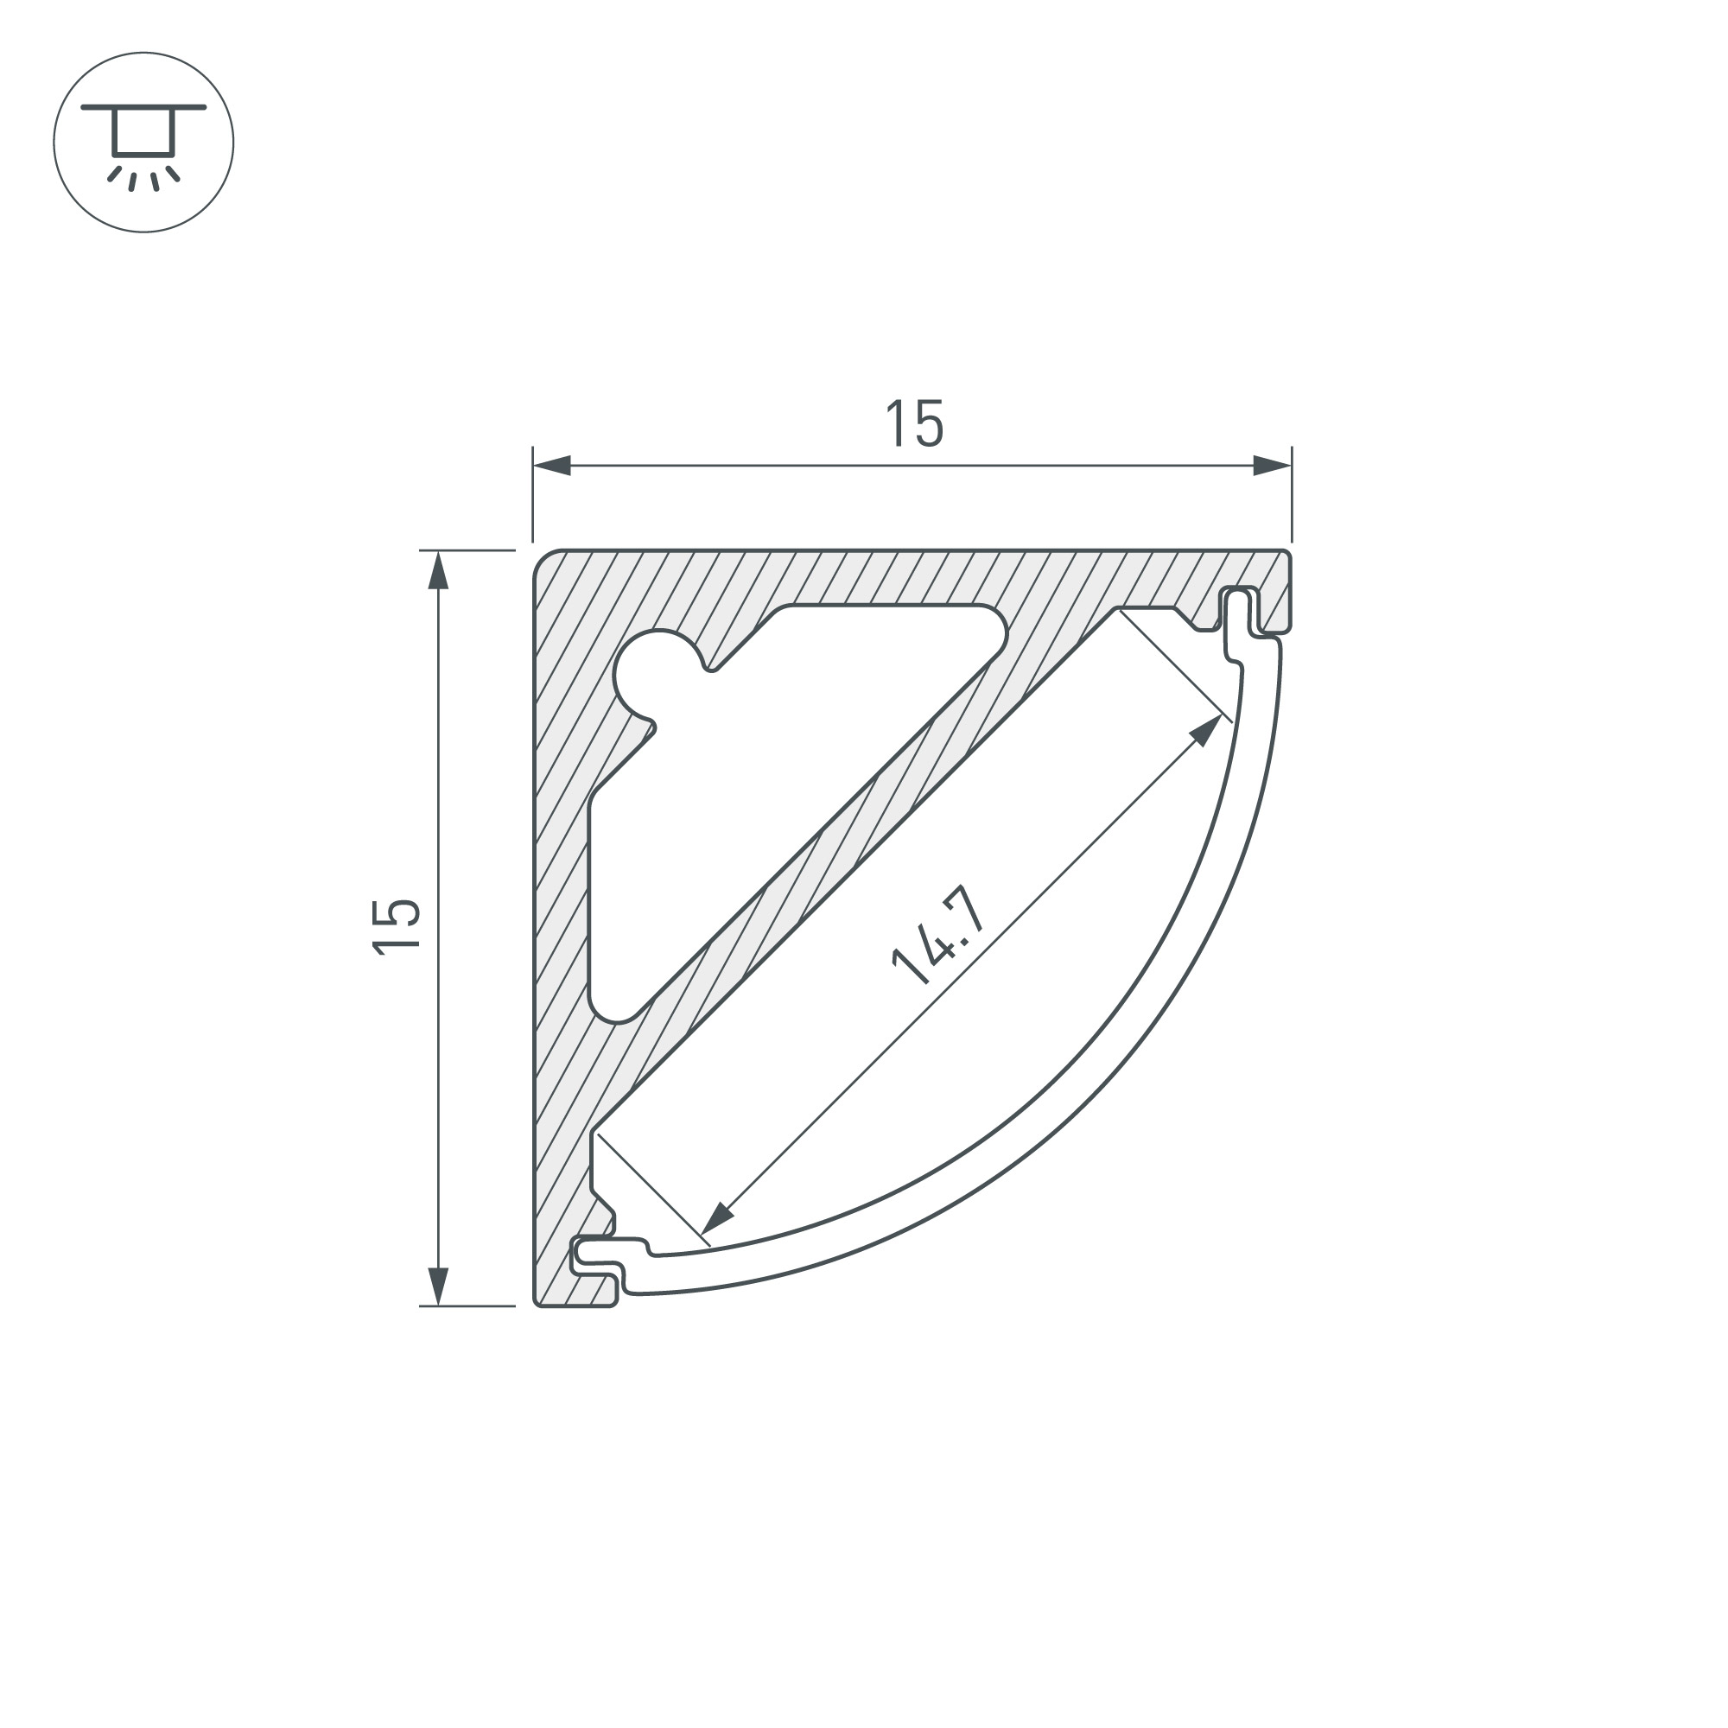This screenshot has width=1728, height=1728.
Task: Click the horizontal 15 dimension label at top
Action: coord(914,424)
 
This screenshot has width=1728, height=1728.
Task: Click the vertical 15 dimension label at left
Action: coord(397,927)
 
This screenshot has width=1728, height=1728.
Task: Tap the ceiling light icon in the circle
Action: coord(143,143)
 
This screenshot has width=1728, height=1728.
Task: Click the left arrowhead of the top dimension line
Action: coord(551,465)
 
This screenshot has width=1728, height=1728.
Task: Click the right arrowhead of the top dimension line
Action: coord(1273,465)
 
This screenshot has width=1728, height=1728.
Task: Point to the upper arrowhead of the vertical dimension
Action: coord(438,569)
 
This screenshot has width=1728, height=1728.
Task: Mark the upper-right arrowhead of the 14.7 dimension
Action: coord(1208,729)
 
